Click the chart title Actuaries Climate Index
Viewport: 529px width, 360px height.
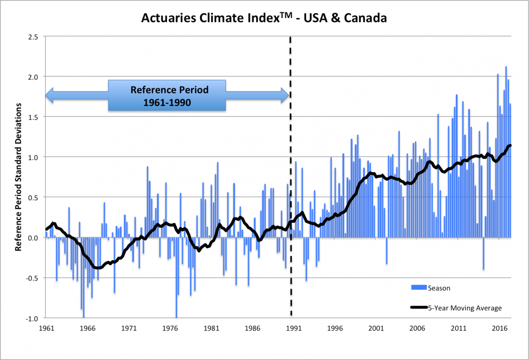tap(264, 19)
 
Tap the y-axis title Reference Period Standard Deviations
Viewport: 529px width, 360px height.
tap(19, 178)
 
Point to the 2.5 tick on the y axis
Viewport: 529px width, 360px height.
tap(33, 36)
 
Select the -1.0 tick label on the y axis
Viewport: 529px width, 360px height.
tap(32, 318)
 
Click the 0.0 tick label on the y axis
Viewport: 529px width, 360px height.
tap(33, 238)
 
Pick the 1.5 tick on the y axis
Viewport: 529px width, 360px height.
tap(33, 117)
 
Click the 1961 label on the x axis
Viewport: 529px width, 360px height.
tap(46, 329)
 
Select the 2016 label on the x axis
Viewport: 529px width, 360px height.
tap(500, 329)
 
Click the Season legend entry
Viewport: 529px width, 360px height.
tap(439, 289)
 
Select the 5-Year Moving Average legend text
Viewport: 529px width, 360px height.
tap(465, 308)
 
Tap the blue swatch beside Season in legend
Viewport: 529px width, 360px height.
tap(418, 288)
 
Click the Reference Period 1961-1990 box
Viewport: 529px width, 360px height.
tap(167, 95)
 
